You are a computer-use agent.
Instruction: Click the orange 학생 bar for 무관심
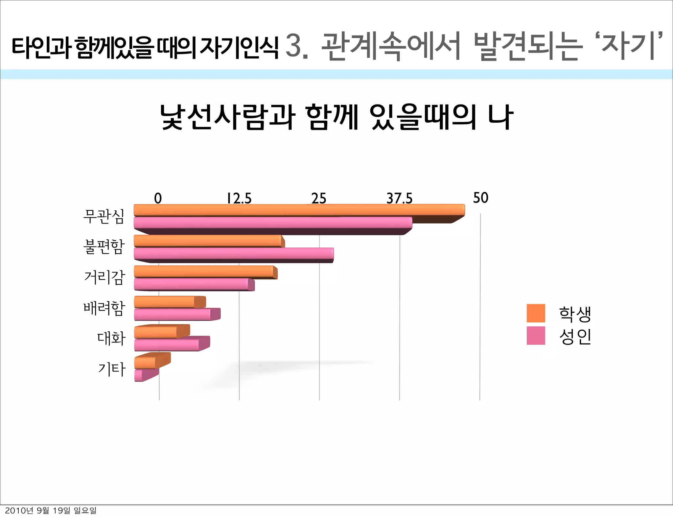tap(299, 210)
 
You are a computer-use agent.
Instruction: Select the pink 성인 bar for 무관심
tap(273, 223)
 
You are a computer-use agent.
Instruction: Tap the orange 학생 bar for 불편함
tap(209, 241)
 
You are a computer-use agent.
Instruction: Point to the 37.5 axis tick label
tap(399, 199)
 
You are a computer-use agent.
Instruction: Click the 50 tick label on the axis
tap(480, 198)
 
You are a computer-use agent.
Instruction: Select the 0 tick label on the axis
tap(158, 199)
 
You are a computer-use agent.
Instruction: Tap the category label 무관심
tap(104, 216)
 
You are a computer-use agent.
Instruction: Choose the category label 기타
tap(112, 369)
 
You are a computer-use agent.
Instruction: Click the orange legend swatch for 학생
tap(536, 313)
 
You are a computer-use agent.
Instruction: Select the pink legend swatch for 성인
tap(536, 336)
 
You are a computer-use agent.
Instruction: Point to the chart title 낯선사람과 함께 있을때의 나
tap(336, 117)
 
